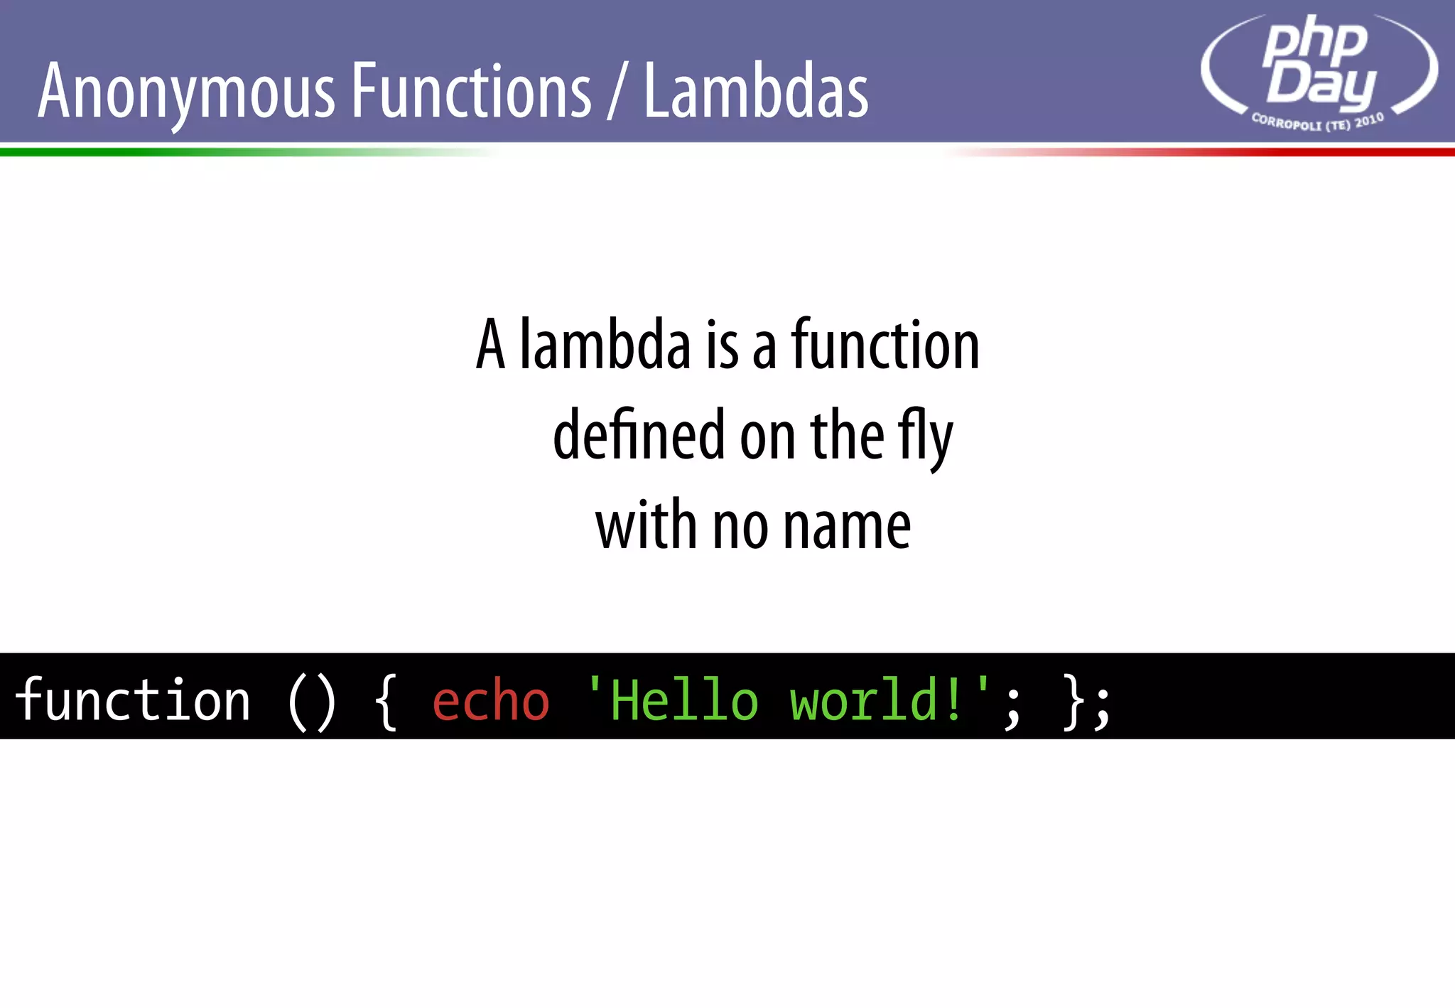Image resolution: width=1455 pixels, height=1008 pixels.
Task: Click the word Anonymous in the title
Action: (x=186, y=92)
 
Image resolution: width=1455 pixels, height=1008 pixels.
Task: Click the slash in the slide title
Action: (x=617, y=92)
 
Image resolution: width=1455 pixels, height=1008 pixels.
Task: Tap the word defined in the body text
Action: (x=639, y=435)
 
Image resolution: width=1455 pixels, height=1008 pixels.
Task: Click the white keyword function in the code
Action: (x=133, y=700)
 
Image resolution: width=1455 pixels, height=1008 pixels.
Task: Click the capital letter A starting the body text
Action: (x=491, y=345)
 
